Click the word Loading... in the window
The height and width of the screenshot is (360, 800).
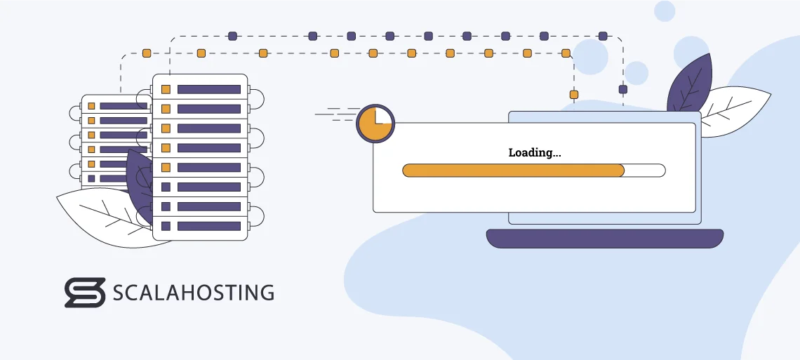pos(534,152)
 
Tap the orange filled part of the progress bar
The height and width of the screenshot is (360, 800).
pos(512,171)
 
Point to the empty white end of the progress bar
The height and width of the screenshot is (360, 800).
pos(644,171)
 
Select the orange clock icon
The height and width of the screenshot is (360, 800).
pos(375,124)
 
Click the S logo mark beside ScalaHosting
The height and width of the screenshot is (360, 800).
pos(85,292)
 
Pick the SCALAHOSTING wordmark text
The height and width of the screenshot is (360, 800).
pos(193,293)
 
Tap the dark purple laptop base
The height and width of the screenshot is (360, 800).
pos(604,238)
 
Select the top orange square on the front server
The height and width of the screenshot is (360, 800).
pos(166,89)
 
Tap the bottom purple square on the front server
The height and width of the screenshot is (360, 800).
pos(166,226)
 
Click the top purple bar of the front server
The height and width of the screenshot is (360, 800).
pos(208,89)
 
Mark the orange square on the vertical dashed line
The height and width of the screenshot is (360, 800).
pos(573,94)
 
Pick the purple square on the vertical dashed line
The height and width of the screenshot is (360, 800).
pos(622,89)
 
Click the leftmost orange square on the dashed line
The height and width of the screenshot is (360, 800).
pos(146,53)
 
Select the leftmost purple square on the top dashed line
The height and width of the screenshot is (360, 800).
pos(232,36)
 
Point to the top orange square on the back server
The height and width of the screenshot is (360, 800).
pos(91,105)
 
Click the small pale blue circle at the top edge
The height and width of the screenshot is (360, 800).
pos(664,10)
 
